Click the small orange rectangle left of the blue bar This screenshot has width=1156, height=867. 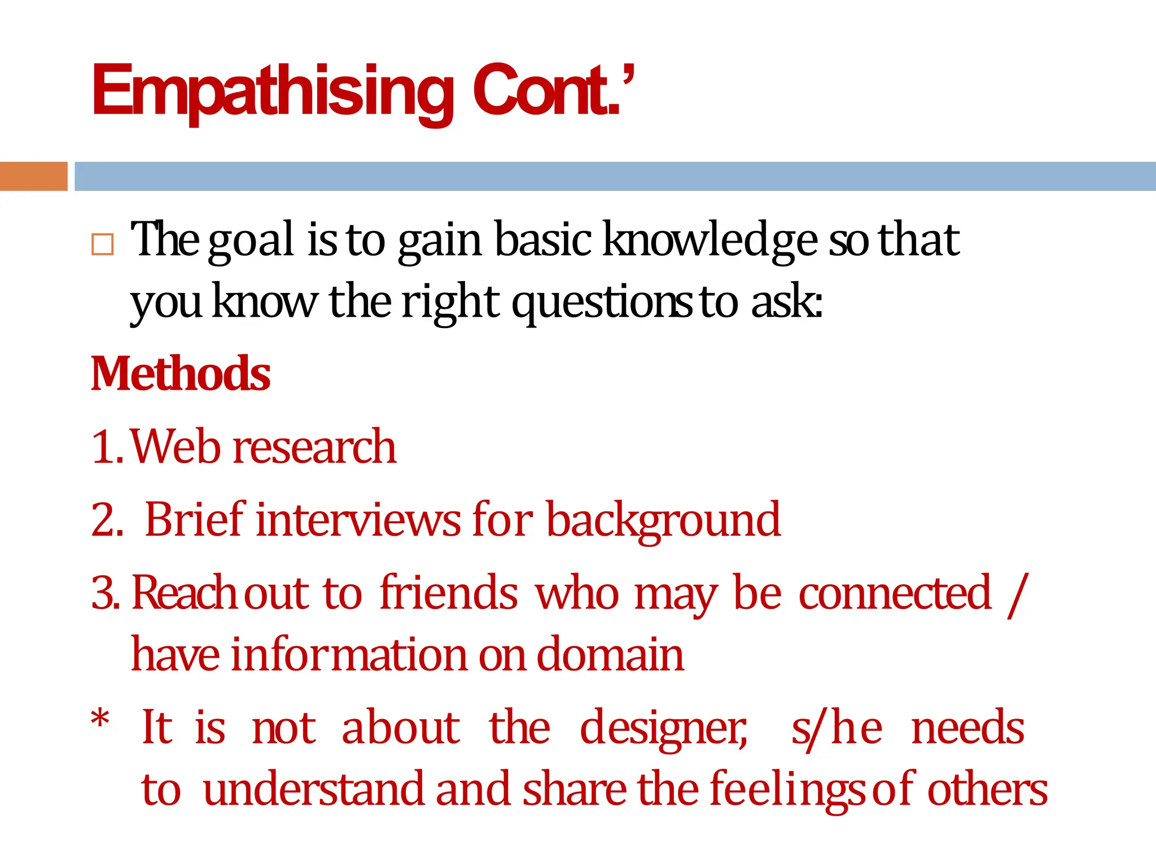[33, 176]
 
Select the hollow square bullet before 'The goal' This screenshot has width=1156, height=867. [102, 244]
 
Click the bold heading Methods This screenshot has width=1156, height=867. [181, 374]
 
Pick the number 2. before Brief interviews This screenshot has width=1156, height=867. [107, 520]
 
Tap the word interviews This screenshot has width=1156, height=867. [358, 520]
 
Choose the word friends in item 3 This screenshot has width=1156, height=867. [449, 593]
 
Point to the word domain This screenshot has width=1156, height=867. [610, 655]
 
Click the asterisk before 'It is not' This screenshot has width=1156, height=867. [100, 720]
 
